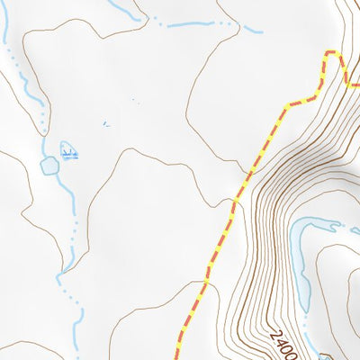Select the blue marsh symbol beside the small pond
pos(69,152)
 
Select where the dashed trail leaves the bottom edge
pos(177,358)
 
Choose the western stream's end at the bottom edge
pos(82,358)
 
